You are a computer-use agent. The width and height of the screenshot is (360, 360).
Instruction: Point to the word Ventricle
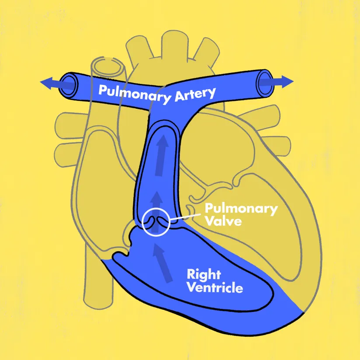215,288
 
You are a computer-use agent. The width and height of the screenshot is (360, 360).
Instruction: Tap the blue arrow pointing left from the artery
49,83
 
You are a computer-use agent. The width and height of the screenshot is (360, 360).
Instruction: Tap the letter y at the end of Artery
211,93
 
